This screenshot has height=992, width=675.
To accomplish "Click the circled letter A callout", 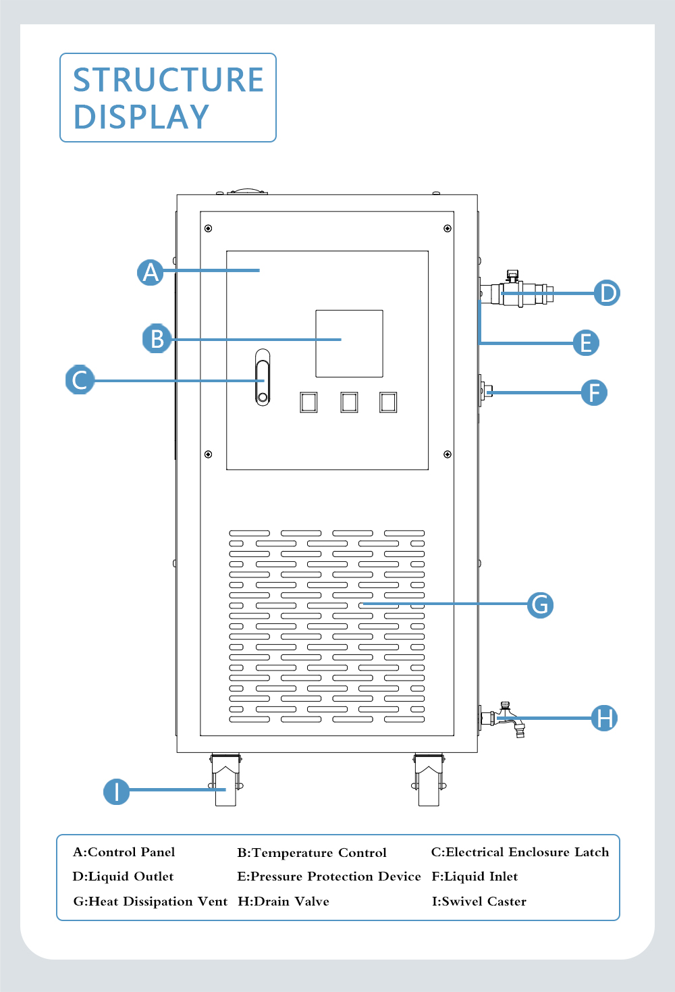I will pos(151,272).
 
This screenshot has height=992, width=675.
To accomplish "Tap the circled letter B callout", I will pos(157,338).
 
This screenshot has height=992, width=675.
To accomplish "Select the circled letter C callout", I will pos(80,380).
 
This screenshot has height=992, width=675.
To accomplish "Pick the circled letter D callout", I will pos(607,293).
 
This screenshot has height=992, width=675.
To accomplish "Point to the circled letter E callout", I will pos(586,343).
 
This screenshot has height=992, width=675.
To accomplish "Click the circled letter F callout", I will pos(594,392).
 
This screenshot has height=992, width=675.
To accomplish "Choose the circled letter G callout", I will pos(540,605).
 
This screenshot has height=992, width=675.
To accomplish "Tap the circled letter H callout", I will pos(604,718).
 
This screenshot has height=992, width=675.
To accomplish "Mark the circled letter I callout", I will pos(117,791).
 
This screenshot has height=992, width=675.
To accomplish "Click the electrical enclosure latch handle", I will pos(263,377).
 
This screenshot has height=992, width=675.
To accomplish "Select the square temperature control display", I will pos(349,343).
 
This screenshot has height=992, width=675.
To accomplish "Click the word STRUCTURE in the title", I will pos(168,80).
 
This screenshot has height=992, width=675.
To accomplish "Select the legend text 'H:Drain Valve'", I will pos(283,902).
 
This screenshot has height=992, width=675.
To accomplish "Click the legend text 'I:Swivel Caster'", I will pos(479,902).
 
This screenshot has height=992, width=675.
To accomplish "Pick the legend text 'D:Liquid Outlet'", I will pos(123,877).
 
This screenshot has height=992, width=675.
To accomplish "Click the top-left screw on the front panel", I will pos(208,228).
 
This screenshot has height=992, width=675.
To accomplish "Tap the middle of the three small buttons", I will pos(349,402).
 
